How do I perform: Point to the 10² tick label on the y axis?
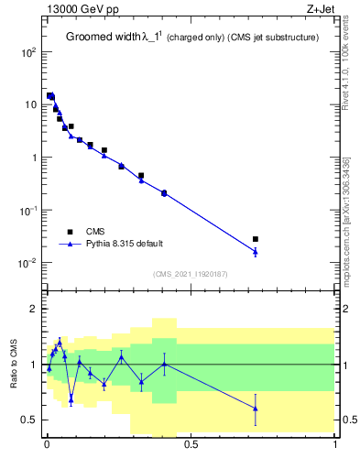pyautogui.click(x=27, y=52)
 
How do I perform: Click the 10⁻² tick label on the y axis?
pyautogui.click(x=27, y=263)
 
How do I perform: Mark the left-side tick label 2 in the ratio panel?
pyautogui.click(x=34, y=309)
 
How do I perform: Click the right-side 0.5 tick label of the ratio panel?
pyautogui.click(x=349, y=420)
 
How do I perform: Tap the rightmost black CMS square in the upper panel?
pyautogui.click(x=256, y=239)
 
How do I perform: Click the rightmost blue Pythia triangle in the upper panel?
pyautogui.click(x=256, y=251)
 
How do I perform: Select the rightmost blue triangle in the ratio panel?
pyautogui.click(x=256, y=408)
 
